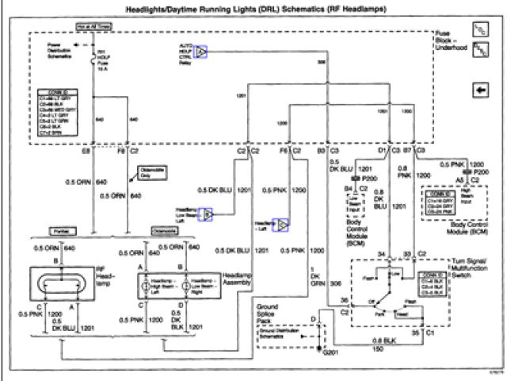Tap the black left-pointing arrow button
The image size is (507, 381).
(480, 90)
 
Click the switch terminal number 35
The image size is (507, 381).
(414, 333)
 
